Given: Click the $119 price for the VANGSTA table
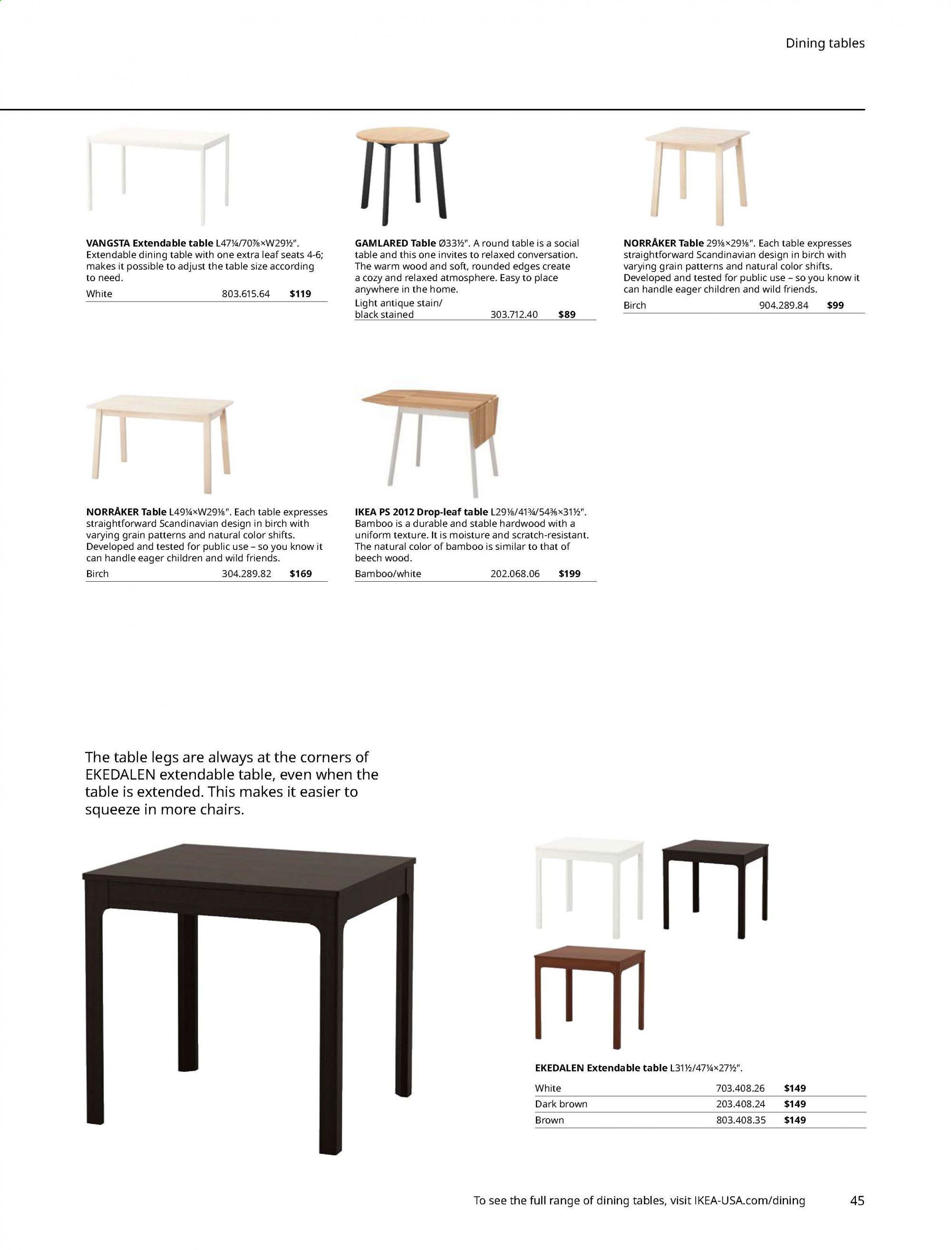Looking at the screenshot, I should click(x=300, y=294).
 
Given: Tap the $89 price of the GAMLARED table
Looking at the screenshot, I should click(x=567, y=315).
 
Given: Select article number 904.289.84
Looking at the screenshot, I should click(x=784, y=305).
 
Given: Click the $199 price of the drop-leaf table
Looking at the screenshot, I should click(x=570, y=574).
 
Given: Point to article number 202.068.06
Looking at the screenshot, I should click(x=514, y=574).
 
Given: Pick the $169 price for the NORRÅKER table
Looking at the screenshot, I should click(x=301, y=574).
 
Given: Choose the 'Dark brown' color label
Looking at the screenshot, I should click(x=561, y=1104).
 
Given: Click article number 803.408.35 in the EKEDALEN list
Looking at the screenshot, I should click(x=740, y=1119).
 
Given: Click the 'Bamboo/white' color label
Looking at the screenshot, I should click(x=388, y=574).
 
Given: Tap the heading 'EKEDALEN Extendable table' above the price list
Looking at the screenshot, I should click(x=601, y=1068).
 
